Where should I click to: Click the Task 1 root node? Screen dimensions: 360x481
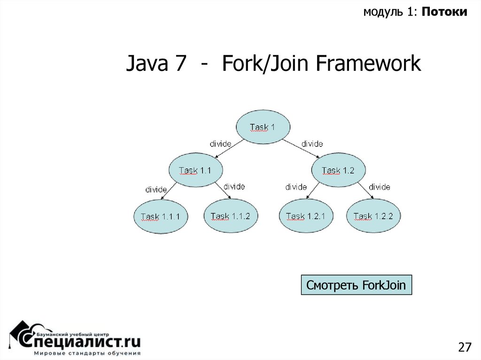click(263, 127)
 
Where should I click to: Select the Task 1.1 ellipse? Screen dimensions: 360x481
click(195, 170)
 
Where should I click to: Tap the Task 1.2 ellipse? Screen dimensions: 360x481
click(338, 170)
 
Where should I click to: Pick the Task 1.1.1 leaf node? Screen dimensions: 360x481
click(161, 216)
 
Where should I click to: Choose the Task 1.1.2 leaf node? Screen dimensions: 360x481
click(231, 216)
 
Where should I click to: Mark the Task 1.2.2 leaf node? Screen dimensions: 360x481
click(373, 216)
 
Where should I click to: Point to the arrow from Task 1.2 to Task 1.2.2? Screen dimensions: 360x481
click(367, 192)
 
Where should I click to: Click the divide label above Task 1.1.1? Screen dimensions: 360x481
click(156, 190)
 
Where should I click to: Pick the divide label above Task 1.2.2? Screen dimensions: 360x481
click(379, 187)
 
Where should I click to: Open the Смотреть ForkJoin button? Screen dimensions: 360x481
click(356, 285)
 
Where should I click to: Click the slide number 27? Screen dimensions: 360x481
click(464, 347)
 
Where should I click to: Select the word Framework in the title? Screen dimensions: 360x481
click(368, 64)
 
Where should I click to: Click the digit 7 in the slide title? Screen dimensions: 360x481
click(180, 64)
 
